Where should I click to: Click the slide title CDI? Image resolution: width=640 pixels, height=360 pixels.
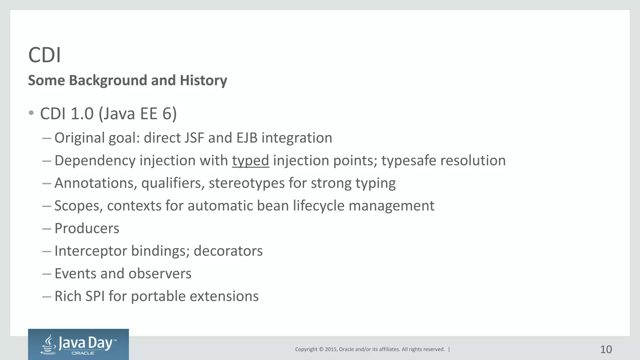coord(44,55)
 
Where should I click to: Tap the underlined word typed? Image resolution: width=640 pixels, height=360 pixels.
coord(250,161)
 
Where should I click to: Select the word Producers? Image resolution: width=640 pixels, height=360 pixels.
coord(87,228)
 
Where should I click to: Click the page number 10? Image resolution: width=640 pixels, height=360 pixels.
coord(606,349)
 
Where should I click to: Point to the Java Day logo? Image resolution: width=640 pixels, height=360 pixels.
coord(78,344)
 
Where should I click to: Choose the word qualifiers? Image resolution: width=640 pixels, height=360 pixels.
coord(173,183)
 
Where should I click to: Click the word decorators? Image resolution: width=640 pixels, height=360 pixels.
coord(228,251)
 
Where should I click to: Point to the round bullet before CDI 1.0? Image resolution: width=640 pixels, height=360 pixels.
coord(31,113)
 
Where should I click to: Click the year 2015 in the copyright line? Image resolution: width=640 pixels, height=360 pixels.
coord(331,349)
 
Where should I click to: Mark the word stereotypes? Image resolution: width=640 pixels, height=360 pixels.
coord(247,183)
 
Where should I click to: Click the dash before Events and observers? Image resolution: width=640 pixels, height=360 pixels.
coord(47,274)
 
